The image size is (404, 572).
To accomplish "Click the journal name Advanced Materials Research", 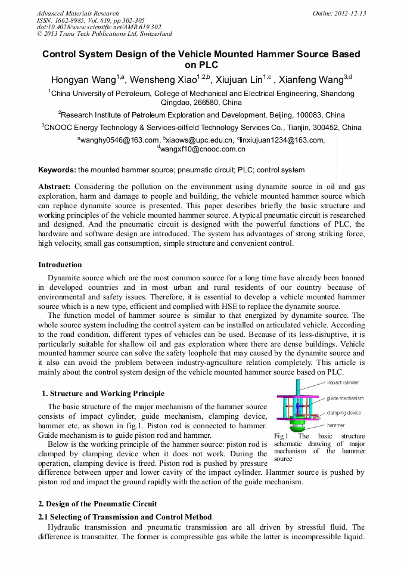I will (x=77, y=13).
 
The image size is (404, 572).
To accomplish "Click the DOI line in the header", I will (x=99, y=27).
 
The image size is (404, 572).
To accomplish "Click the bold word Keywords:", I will (x=57, y=170).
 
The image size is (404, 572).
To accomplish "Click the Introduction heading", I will (x=60, y=265).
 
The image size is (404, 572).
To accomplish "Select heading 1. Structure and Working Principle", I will (x=103, y=394).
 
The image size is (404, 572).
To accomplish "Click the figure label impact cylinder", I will (x=343, y=383).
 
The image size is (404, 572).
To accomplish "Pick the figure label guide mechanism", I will (x=345, y=398).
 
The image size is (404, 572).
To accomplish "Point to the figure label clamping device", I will (x=344, y=413).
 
